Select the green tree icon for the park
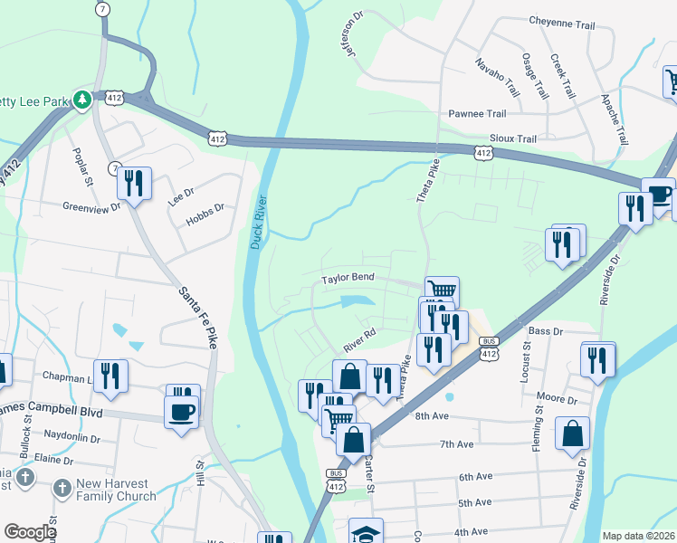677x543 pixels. pos(82,99)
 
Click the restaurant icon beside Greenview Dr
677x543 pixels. pos(133,183)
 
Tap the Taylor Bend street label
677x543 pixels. pos(348,279)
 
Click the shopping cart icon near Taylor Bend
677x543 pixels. pos(441,290)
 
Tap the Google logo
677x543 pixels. pos(30,532)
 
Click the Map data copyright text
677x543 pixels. pos(637,536)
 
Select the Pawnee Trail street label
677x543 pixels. pos(477,114)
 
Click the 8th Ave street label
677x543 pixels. pos(433,416)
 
